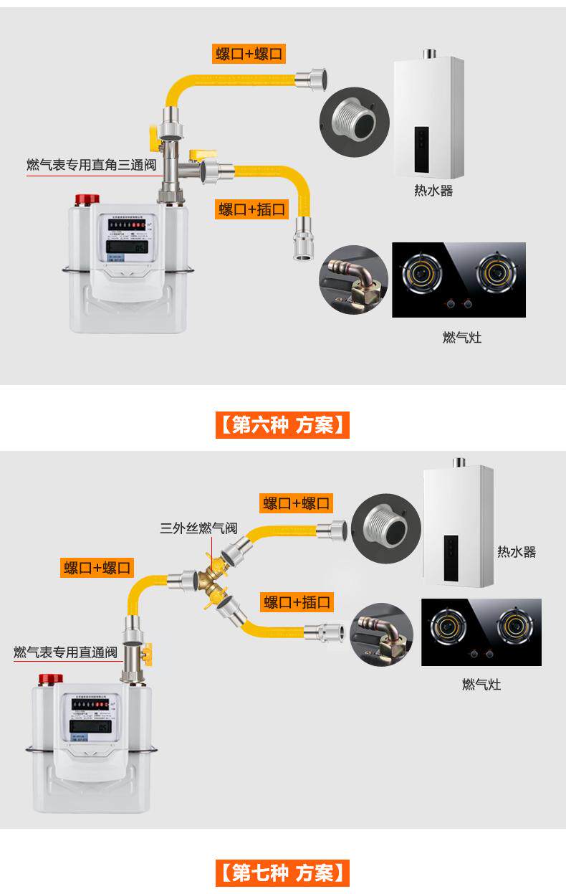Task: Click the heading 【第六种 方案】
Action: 282,426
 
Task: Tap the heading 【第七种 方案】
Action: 282,873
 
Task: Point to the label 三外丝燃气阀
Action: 198,529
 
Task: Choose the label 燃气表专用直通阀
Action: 65,652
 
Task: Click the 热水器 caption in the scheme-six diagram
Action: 433,191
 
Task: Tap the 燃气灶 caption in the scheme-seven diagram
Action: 481,685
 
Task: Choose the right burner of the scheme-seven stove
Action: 514,627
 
